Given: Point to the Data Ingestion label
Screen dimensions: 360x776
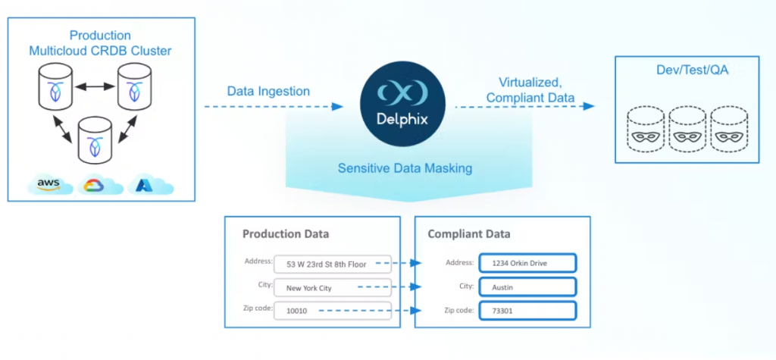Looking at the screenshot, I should (x=268, y=91).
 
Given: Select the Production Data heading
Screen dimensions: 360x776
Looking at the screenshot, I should (x=286, y=234).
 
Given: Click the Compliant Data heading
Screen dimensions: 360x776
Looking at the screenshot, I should (x=469, y=234).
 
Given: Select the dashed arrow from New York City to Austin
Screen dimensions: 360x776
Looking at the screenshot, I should (x=388, y=287).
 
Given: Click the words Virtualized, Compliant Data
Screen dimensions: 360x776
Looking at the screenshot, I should (x=530, y=89).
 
